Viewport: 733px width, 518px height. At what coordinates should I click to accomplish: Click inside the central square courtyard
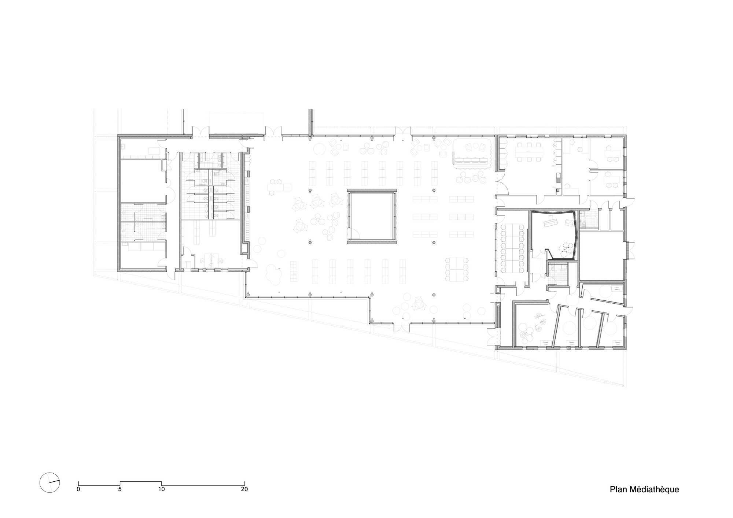372,216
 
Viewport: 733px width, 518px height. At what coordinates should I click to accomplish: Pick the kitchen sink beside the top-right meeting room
558,179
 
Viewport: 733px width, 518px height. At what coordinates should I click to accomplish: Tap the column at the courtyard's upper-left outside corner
310,190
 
